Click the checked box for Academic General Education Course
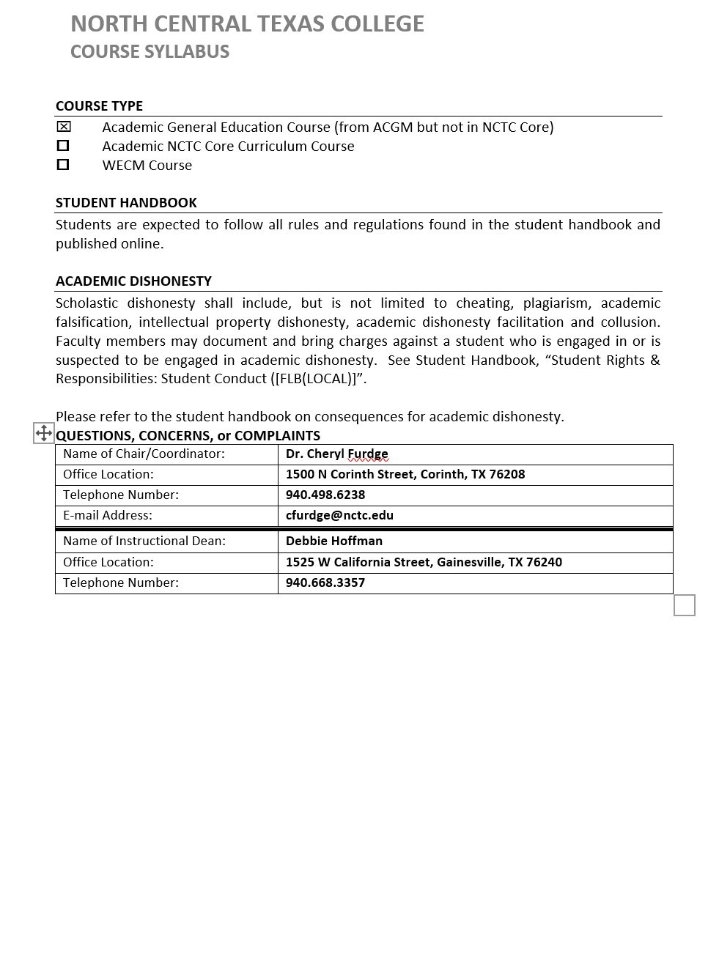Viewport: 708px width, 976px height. tap(64, 127)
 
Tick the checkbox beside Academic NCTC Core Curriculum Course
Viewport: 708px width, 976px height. tap(64, 146)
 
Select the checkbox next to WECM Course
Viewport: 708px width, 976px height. tap(64, 165)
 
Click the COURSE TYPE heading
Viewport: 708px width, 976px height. tap(99, 106)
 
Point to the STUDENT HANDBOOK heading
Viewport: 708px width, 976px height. tap(126, 203)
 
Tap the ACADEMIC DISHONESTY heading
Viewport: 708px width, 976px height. tap(133, 281)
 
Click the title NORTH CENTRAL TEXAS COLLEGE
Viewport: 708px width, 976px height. tap(247, 24)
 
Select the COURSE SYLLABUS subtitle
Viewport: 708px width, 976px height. tap(150, 52)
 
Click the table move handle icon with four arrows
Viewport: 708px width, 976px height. tap(44, 433)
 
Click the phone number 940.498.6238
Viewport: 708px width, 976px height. tap(325, 495)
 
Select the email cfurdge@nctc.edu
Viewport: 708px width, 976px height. tap(339, 516)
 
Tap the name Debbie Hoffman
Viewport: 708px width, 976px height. tap(334, 541)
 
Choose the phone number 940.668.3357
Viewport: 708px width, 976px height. tap(325, 583)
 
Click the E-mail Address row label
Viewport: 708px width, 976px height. tap(108, 516)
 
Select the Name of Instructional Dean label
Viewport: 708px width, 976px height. tap(144, 541)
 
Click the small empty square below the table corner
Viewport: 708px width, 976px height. tap(684, 605)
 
